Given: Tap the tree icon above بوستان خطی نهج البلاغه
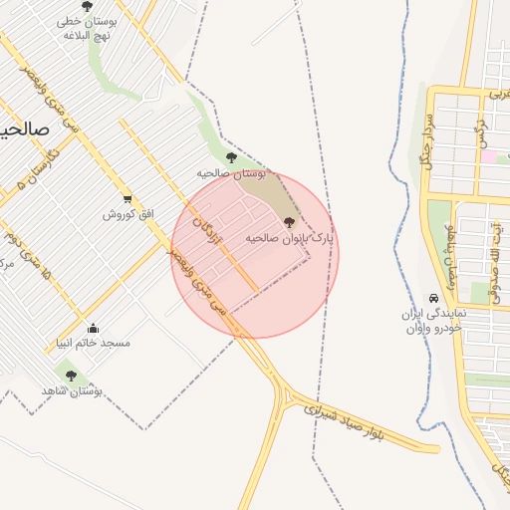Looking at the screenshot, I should coord(87,6).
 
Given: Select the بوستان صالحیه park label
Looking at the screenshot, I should coord(232,173).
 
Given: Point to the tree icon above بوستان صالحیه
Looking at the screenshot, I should coord(231,157).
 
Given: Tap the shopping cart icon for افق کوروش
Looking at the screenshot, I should coord(127,199).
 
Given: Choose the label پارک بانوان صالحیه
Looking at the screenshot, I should coord(290,238).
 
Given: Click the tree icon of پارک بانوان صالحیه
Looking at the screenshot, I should coord(289,222).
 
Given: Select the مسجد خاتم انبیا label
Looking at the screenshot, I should coord(94,343).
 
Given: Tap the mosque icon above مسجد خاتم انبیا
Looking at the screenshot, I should coord(94,328).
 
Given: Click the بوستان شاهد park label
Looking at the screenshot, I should coord(72,391).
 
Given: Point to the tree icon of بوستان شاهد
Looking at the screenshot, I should coord(71,376).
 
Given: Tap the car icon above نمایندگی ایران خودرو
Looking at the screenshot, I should coord(433,299).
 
